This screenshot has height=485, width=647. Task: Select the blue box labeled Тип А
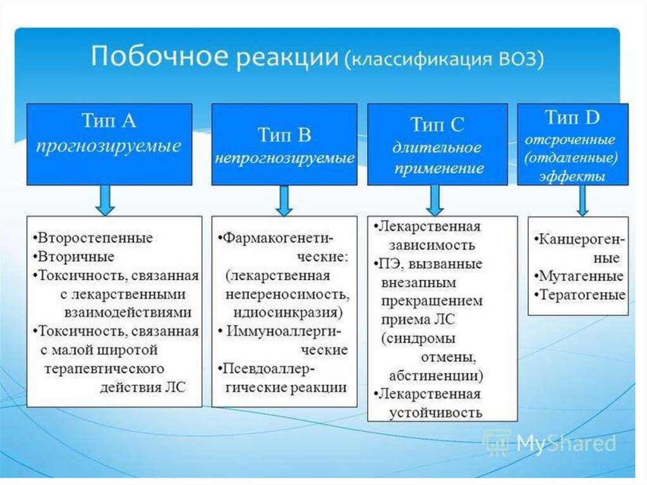click(x=109, y=144)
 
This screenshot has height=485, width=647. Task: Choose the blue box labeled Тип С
click(x=437, y=145)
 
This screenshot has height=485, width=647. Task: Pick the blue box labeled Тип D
click(x=572, y=144)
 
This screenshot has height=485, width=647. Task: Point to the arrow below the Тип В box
click(x=284, y=201)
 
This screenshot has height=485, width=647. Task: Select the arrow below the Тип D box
click(x=583, y=202)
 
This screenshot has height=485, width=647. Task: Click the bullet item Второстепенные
click(x=95, y=238)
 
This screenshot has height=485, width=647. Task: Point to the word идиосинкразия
click(x=287, y=313)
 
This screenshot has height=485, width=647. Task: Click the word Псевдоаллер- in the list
click(x=270, y=368)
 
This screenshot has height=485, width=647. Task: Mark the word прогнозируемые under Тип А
click(x=109, y=147)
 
